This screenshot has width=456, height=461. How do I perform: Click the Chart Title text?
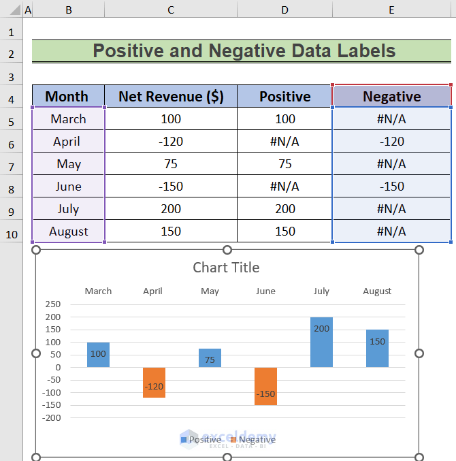pos(226,268)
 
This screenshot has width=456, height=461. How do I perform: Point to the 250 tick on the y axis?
pos(52,304)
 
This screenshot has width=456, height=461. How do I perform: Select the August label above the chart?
pos(377,291)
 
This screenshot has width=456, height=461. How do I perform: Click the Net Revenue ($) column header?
pos(171,97)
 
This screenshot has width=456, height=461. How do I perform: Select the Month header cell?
pos(68,97)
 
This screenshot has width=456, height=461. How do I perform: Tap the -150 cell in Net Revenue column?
pos(171,187)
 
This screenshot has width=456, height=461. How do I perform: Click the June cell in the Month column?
pos(68,187)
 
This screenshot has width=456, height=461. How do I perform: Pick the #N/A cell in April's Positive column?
pos(284,142)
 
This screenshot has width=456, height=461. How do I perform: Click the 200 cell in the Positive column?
pos(284,209)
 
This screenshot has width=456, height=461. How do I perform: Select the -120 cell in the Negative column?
pos(391,142)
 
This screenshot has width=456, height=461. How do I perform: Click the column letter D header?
pos(284,10)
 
